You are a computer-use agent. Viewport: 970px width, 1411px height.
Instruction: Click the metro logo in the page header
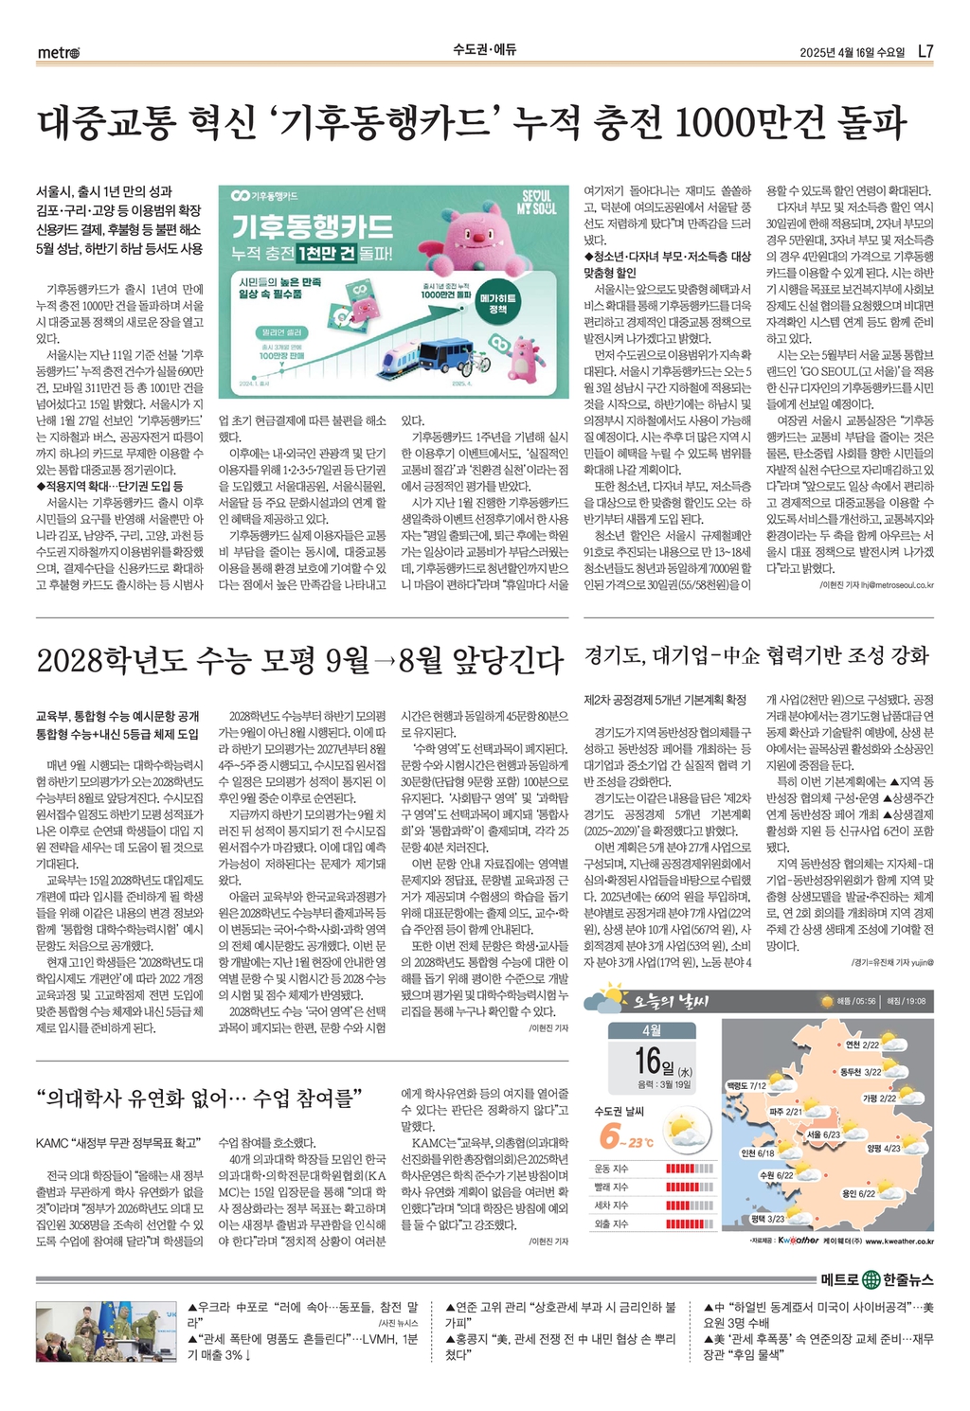point(59,52)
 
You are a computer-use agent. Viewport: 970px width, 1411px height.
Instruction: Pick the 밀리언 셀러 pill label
point(281,332)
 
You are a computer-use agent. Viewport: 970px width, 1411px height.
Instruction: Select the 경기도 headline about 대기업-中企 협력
point(756,655)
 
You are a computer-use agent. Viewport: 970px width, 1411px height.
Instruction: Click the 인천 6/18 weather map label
point(758,1153)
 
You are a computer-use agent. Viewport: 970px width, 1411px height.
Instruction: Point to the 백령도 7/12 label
point(745,1085)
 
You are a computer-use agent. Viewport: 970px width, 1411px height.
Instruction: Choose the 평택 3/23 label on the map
point(767,1219)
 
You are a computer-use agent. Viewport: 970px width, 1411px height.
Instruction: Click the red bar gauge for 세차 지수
point(690,1206)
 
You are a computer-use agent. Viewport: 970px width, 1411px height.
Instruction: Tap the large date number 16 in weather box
point(647,1060)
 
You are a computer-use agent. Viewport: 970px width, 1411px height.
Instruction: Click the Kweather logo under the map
point(799,1241)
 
